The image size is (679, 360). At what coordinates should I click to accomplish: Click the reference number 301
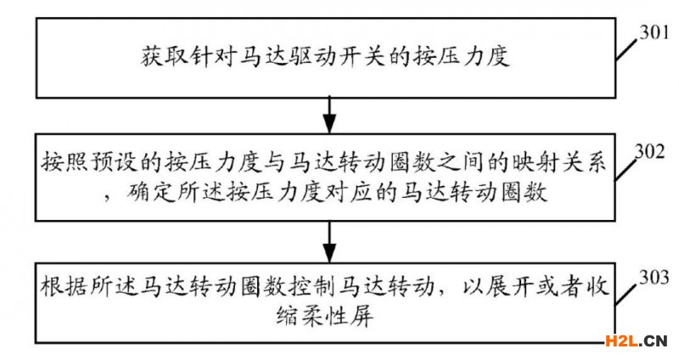pyautogui.click(x=654, y=32)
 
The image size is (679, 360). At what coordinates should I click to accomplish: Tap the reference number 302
pyautogui.click(x=649, y=152)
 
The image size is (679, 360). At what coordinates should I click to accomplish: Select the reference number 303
pyautogui.click(x=654, y=278)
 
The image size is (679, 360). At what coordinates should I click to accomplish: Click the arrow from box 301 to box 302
pyautogui.click(x=329, y=115)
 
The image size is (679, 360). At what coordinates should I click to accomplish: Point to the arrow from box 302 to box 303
pyautogui.click(x=329, y=241)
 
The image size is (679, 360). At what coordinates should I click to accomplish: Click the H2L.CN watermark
pyautogui.click(x=636, y=341)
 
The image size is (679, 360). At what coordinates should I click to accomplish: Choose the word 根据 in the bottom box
pyautogui.click(x=65, y=286)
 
